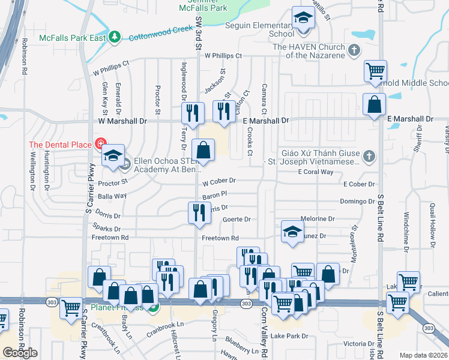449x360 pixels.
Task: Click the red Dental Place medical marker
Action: tap(100, 144)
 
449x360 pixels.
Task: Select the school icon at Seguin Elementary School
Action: tap(303, 18)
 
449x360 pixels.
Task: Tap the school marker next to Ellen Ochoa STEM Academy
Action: tap(112, 155)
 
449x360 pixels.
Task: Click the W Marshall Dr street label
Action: tap(122, 121)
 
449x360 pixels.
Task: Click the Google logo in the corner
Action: tap(20, 353)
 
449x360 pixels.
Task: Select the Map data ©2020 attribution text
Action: tap(423, 355)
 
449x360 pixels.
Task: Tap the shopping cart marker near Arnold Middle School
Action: tap(375, 71)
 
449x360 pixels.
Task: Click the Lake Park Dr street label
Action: tap(289, 336)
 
